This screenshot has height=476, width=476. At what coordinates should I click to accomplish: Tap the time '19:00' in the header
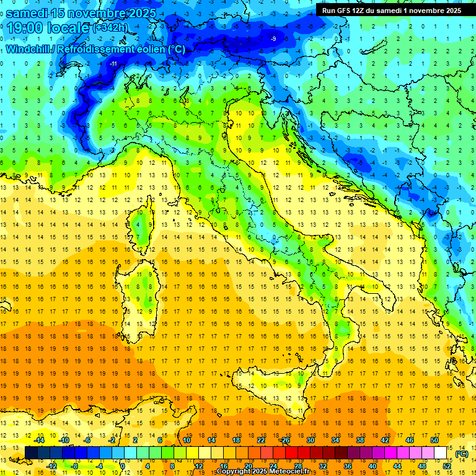[29, 28]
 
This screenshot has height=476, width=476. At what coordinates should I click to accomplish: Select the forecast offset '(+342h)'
[111, 28]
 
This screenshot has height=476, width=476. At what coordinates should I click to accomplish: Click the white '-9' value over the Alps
[273, 39]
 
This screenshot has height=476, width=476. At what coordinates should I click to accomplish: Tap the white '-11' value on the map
[113, 64]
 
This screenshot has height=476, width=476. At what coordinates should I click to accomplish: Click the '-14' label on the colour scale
[40, 440]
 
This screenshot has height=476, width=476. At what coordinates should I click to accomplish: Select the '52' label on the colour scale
[447, 465]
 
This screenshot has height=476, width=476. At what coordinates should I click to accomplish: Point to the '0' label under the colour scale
[122, 465]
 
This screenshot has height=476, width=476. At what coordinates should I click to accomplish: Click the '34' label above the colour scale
[335, 440]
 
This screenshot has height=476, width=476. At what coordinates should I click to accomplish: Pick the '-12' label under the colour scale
[52, 465]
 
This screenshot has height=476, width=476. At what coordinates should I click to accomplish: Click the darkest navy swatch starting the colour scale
[31, 453]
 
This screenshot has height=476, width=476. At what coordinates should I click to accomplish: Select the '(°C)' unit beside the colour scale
[461, 454]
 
